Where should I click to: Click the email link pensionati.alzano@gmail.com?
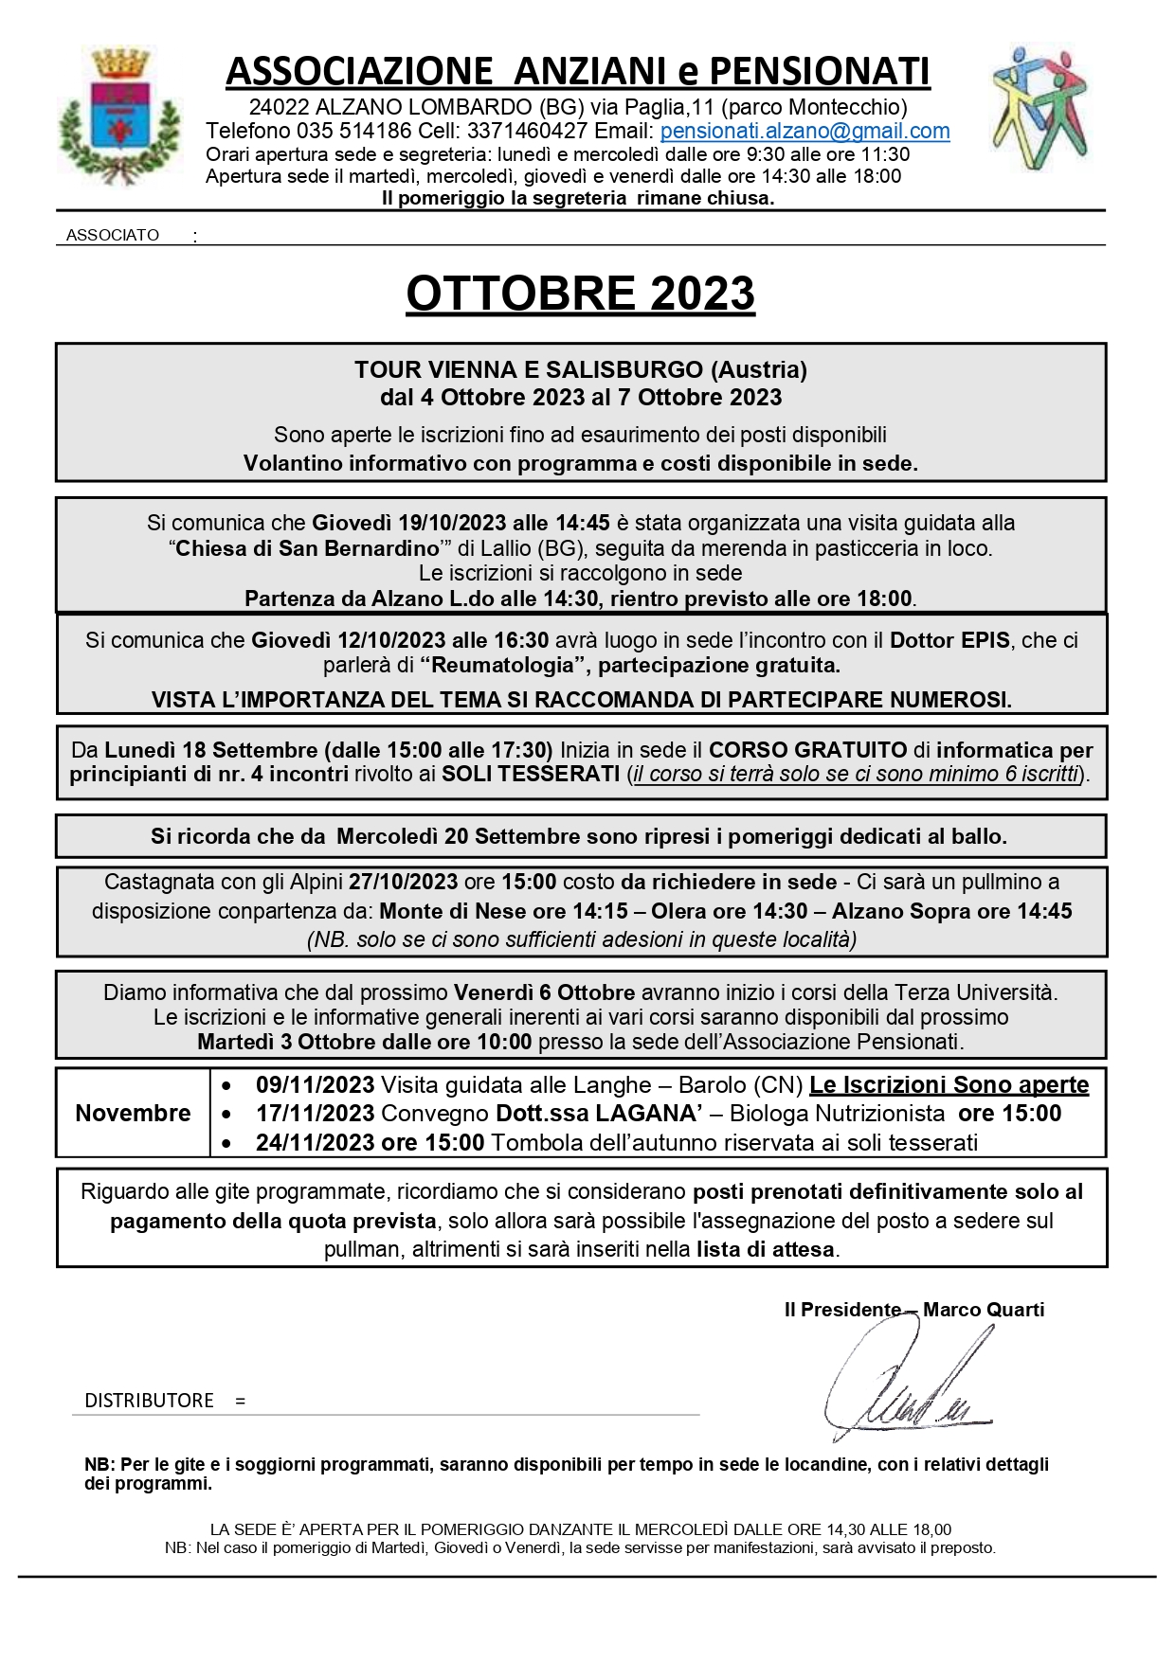(x=804, y=132)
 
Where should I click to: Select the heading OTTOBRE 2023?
(x=580, y=294)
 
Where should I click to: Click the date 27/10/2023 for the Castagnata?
(x=403, y=883)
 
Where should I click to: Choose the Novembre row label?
(x=133, y=1114)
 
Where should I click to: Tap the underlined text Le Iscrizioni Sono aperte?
(x=949, y=1085)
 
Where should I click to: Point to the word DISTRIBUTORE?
(x=149, y=1401)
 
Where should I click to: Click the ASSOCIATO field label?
(x=113, y=236)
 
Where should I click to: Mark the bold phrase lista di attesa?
(x=765, y=1249)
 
